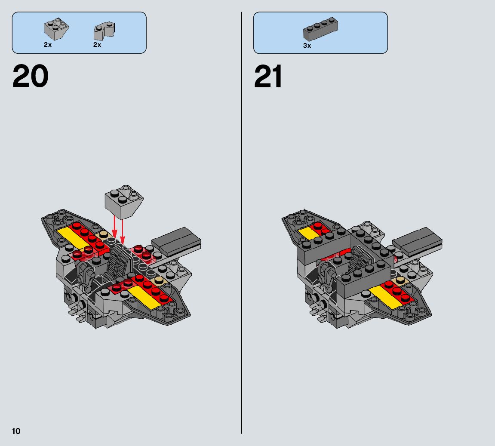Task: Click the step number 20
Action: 31,77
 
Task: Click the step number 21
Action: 268,77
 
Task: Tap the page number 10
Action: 16,431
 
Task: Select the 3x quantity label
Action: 307,45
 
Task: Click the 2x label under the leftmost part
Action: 47,45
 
